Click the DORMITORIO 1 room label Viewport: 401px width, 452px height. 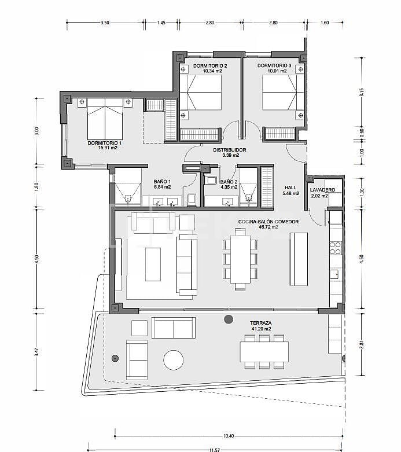[105, 142]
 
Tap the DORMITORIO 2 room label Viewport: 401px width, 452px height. [210, 66]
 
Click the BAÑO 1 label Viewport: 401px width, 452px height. [163, 181]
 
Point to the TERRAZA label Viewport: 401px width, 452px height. [261, 323]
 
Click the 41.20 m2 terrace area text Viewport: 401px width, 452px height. [261, 329]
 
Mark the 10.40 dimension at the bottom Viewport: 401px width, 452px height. [228, 436]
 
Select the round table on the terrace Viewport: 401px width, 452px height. [173, 360]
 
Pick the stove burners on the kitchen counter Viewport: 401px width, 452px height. [335, 248]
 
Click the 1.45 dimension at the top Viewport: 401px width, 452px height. [161, 23]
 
